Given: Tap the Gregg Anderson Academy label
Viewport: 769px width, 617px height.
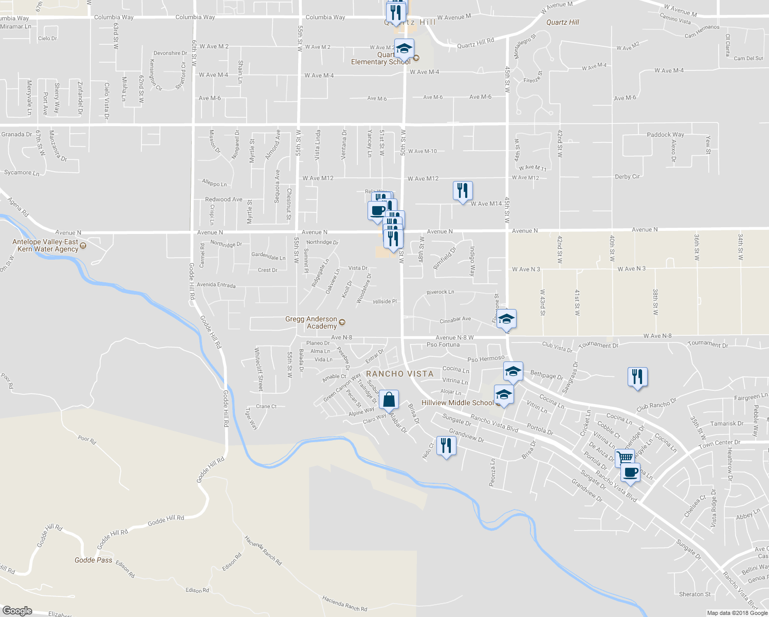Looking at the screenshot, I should (312, 322).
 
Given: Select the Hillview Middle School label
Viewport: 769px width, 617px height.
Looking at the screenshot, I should (457, 403).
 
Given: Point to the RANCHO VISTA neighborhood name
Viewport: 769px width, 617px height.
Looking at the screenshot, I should (399, 374).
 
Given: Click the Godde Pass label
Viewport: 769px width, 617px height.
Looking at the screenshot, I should (93, 560).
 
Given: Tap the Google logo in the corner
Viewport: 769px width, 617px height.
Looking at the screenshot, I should (17, 610).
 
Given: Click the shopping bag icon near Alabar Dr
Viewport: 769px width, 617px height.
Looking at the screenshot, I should (389, 400).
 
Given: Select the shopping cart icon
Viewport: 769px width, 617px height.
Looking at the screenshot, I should (625, 457).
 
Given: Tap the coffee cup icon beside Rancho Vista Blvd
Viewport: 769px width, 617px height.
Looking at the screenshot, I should (630, 471).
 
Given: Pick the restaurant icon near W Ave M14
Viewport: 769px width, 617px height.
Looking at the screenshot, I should (463, 190).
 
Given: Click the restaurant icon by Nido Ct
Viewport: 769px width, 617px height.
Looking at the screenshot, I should (446, 445).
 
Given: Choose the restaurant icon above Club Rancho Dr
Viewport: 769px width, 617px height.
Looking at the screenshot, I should (637, 377).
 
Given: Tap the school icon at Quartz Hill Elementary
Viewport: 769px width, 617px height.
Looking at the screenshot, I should (404, 48).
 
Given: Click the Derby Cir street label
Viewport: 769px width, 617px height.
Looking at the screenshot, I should (627, 176).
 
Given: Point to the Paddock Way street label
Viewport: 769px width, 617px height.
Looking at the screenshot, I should (665, 134).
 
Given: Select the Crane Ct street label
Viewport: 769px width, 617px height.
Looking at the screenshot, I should (266, 406).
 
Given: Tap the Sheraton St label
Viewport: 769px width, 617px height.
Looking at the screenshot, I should (694, 594).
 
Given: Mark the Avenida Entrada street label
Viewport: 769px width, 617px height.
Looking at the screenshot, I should (216, 285).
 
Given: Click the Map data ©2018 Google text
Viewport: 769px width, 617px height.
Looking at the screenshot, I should (737, 613).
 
